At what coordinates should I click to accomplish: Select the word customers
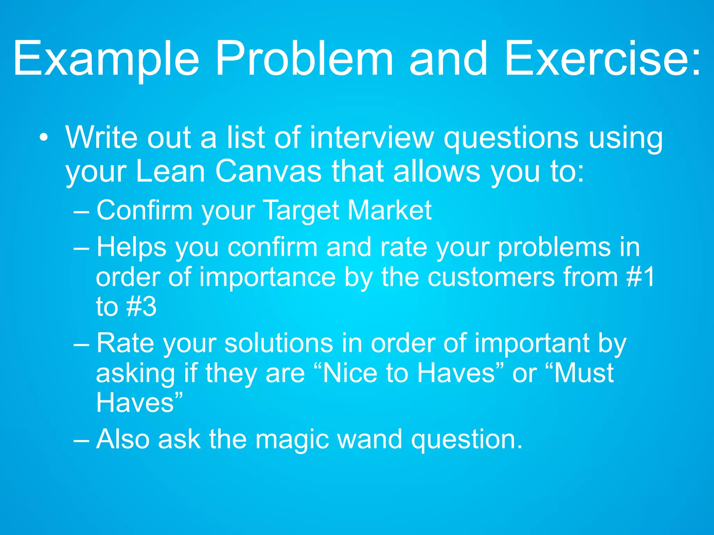point(491,277)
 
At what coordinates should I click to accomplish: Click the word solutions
point(279,343)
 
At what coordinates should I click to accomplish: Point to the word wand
point(370,439)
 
